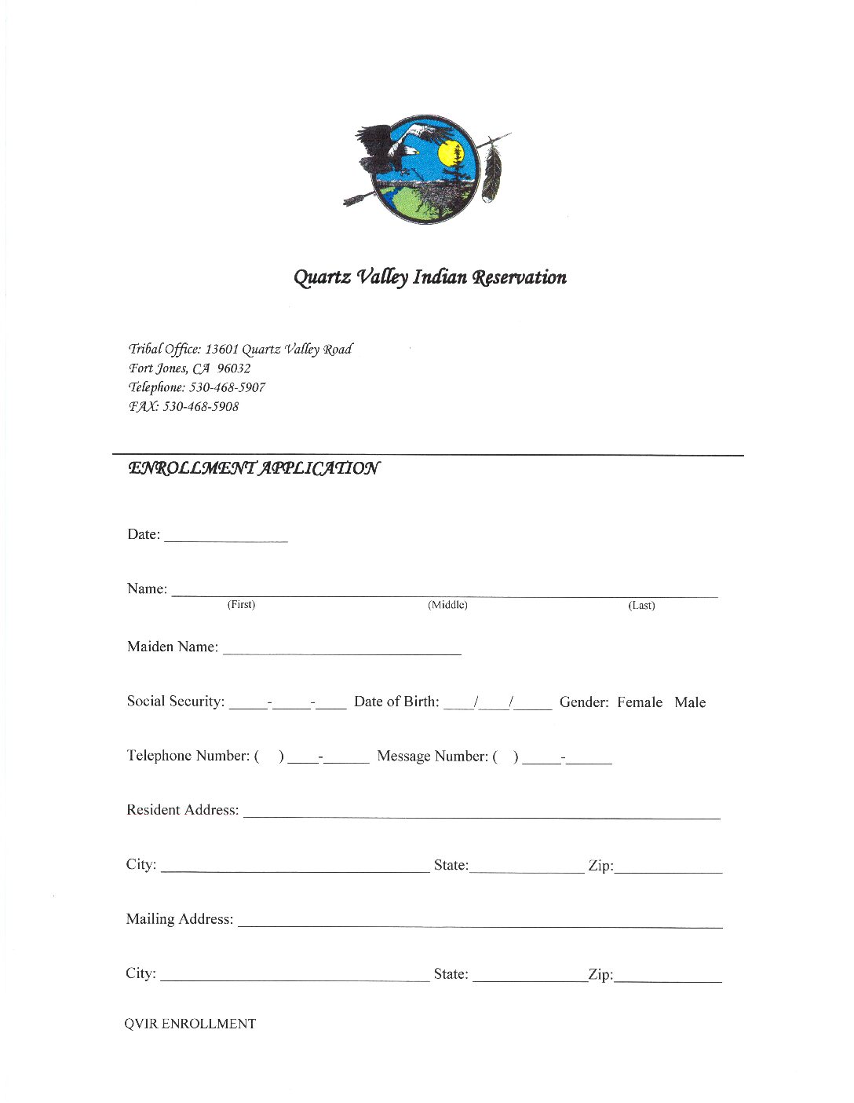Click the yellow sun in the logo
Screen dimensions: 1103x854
(451, 153)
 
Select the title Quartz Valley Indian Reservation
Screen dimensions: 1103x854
(429, 277)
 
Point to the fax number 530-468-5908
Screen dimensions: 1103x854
(200, 407)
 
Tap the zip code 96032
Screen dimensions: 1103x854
(234, 368)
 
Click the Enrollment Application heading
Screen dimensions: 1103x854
(254, 468)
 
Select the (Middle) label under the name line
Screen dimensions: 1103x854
(447, 605)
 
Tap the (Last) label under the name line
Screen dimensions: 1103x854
(641, 606)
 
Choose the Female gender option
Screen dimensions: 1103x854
(639, 702)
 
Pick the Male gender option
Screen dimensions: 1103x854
(690, 702)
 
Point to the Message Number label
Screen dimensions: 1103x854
(432, 756)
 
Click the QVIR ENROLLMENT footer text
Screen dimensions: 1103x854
(190, 1024)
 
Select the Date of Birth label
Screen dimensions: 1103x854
(396, 702)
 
